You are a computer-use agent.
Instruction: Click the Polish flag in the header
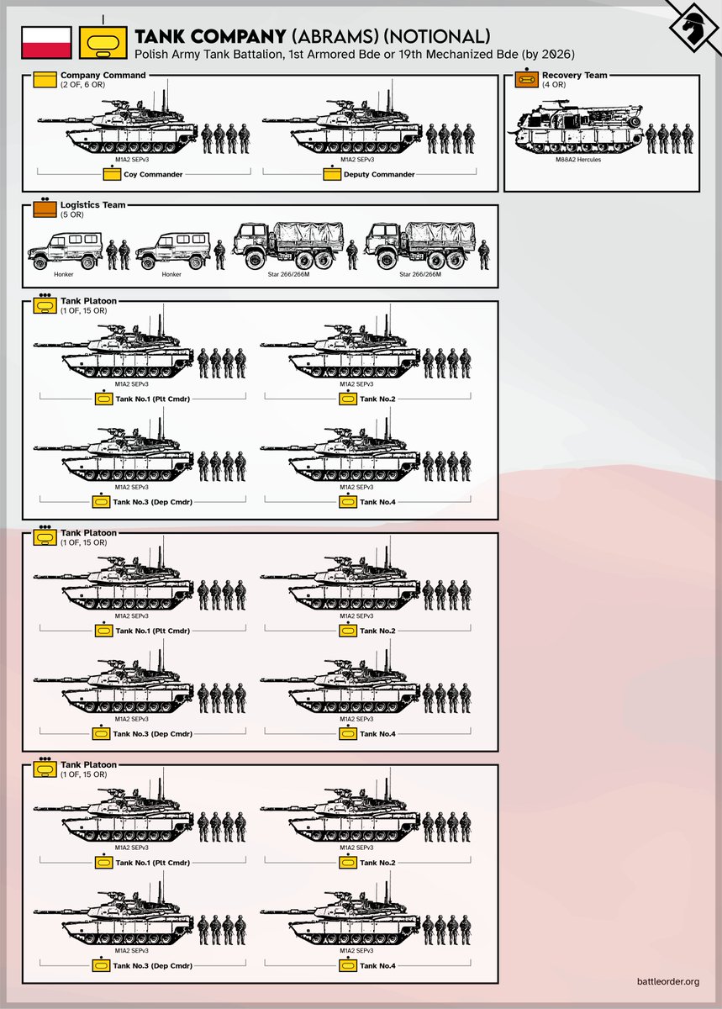(45, 42)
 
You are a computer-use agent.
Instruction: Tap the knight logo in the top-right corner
(694, 28)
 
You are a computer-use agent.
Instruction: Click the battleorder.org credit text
(668, 981)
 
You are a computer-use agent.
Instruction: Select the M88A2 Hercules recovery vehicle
(577, 125)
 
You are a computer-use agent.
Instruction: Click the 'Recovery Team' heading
(574, 76)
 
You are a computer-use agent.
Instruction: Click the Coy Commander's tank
(118, 128)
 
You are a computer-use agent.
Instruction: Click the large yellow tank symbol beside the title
(103, 41)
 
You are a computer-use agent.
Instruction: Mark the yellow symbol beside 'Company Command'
(44, 81)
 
